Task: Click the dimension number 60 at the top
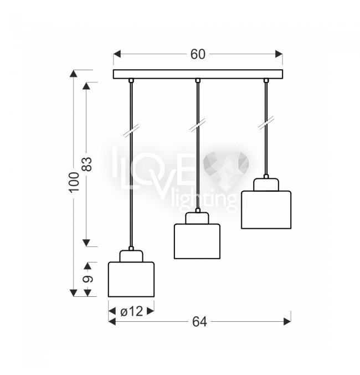pyautogui.click(x=198, y=54)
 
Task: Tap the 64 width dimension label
pyautogui.click(x=199, y=322)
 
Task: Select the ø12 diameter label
pyautogui.click(x=131, y=311)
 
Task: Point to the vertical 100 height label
pyautogui.click(x=74, y=182)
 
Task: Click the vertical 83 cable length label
pyautogui.click(x=87, y=164)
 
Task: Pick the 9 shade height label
pyautogui.click(x=88, y=279)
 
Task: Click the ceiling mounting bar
pyautogui.click(x=198, y=74)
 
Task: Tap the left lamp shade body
pyautogui.click(x=131, y=279)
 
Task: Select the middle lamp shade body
pyautogui.click(x=197, y=242)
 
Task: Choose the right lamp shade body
pyautogui.click(x=266, y=210)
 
